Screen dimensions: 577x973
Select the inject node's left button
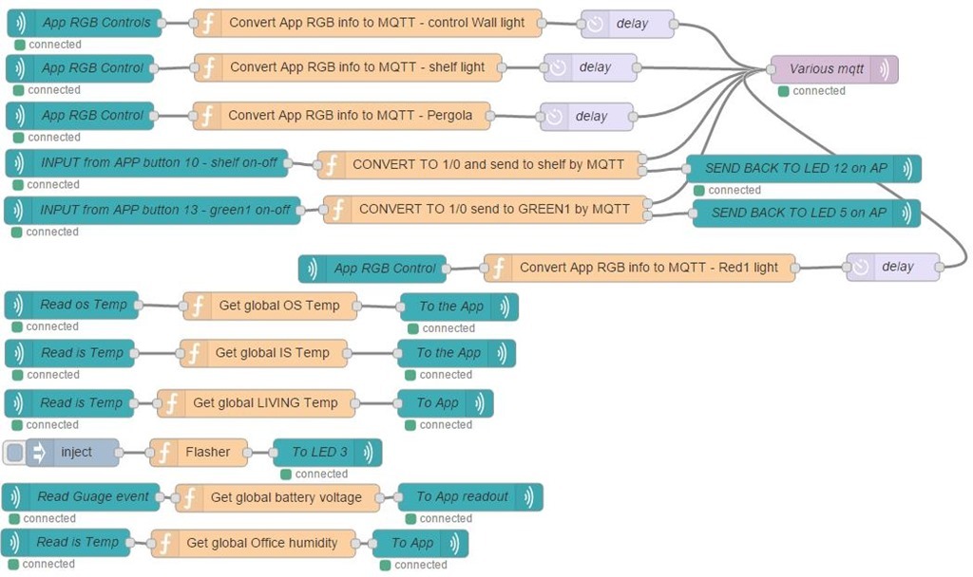(x=14, y=453)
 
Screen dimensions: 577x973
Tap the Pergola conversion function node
(x=348, y=116)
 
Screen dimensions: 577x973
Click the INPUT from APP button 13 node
(x=152, y=210)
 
